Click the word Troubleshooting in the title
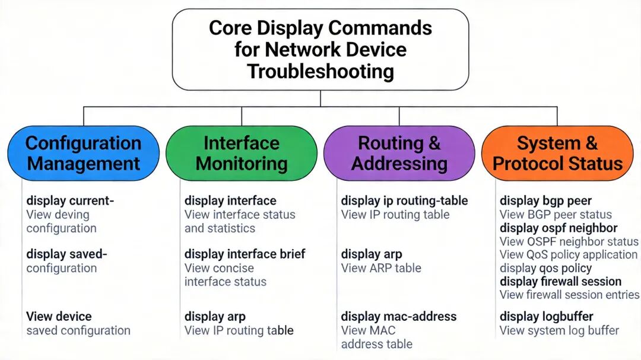320,72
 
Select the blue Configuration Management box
83,153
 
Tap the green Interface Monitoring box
242,153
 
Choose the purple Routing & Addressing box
399,153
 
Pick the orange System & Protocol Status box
557,153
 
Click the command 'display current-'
70,201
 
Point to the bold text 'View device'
59,316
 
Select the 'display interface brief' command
245,254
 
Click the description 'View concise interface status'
226,275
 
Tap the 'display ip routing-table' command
404,201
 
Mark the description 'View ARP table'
381,268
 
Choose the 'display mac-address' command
399,316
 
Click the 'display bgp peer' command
545,201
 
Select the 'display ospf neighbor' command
559,228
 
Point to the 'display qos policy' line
545,268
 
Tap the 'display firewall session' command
560,281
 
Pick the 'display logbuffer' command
546,316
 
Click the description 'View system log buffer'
559,330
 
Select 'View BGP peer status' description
556,215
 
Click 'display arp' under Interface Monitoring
215,316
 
